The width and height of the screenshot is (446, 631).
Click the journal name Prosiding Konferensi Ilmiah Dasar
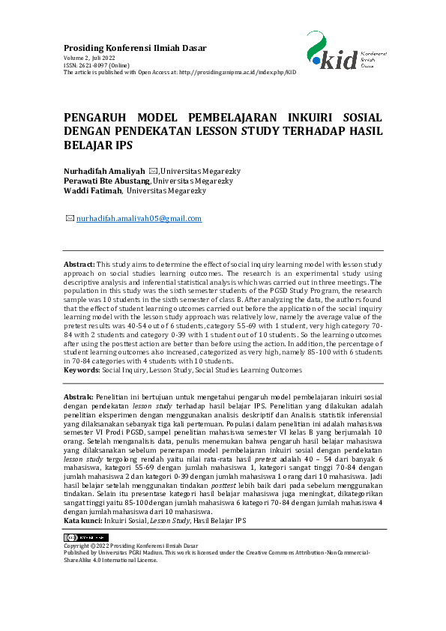click(135, 48)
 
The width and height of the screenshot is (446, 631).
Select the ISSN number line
click(95, 64)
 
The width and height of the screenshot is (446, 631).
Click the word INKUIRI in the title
click(300, 118)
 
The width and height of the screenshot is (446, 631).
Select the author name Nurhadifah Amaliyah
click(104, 171)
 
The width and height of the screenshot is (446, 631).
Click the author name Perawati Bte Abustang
click(108, 181)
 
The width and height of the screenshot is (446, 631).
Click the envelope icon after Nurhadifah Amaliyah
click(153, 171)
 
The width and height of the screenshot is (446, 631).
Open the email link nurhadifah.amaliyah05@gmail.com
click(139, 219)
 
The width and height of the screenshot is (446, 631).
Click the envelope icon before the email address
click(70, 219)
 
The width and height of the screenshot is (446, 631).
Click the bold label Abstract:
click(79, 265)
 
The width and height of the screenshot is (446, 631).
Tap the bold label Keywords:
click(81, 370)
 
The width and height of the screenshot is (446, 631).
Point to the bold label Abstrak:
click(79, 395)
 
